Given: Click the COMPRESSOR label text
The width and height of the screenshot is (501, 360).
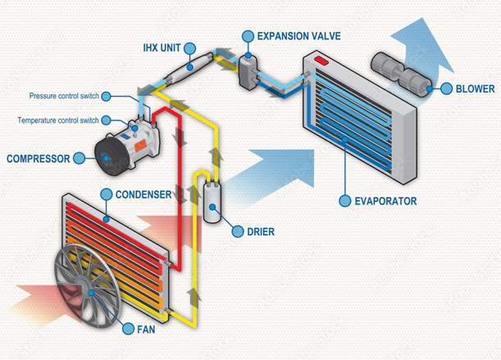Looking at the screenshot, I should coord(38,157).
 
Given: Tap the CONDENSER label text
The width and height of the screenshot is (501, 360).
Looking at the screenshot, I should coord(143,194).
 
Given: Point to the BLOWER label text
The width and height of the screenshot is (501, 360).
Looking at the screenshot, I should coord(476,89).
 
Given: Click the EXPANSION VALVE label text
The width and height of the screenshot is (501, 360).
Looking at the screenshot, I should coord(299,37).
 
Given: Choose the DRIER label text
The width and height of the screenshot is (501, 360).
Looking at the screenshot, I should coord(261,232).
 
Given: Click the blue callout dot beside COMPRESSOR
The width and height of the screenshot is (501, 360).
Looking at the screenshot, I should coord(80,157).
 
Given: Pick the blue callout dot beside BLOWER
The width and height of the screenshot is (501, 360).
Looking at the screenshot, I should coord(445,89).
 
